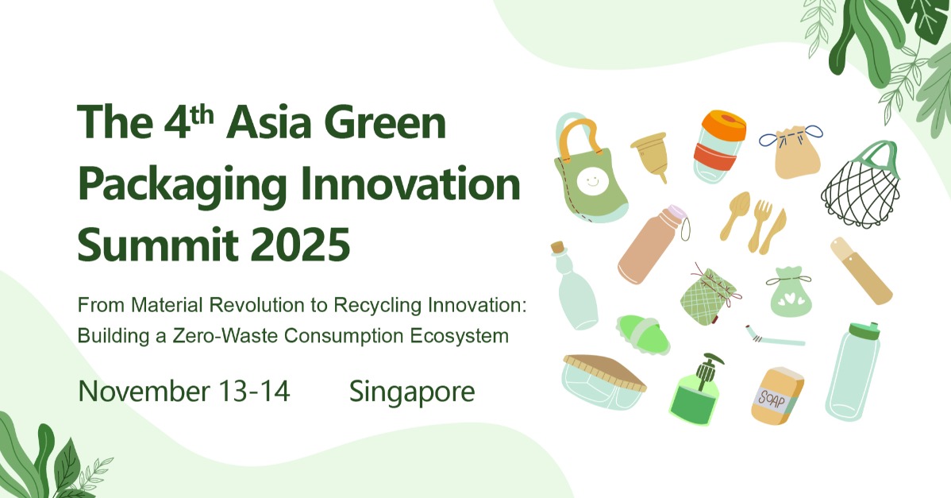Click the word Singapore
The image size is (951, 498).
pos(412,392)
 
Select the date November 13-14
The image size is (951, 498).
pos(184,392)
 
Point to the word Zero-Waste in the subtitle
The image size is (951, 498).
pos(238,336)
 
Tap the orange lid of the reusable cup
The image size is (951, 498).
pos(723,125)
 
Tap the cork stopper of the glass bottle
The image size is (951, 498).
pos(560,249)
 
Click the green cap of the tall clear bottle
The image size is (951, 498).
pos(865,330)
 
